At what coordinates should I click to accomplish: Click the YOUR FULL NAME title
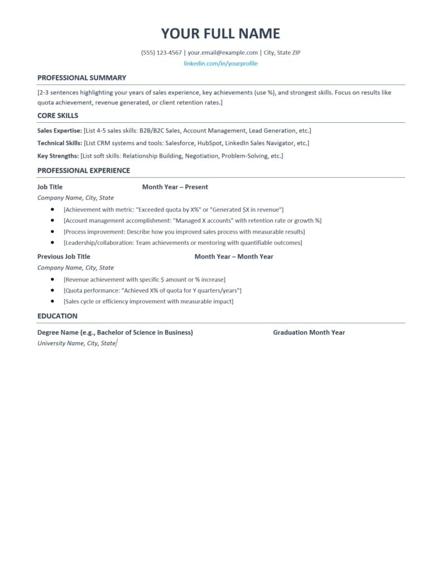[x=220, y=34]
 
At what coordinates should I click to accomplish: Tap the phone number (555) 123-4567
[x=161, y=53]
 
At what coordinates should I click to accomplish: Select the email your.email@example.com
[x=223, y=53]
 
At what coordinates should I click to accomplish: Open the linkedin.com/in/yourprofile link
[x=220, y=64]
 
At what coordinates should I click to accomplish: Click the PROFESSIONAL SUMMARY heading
[x=81, y=78]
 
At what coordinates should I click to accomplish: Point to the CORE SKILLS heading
[x=57, y=116]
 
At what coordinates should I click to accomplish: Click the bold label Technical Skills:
[x=60, y=143]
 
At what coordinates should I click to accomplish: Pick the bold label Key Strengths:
[x=58, y=156]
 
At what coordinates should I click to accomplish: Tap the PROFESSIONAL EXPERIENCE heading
[x=84, y=170]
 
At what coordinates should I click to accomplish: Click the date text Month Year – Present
[x=175, y=187]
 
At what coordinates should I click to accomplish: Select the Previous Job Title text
[x=64, y=256]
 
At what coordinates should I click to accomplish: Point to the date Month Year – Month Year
[x=234, y=256]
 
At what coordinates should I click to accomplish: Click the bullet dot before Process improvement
[x=52, y=231]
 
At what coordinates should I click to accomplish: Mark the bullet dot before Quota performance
[x=52, y=290]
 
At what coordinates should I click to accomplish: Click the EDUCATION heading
[x=57, y=316]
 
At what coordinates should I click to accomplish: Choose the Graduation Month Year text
[x=309, y=332]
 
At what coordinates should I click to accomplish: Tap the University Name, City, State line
[x=76, y=344]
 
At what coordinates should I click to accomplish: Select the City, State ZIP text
[x=282, y=53]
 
